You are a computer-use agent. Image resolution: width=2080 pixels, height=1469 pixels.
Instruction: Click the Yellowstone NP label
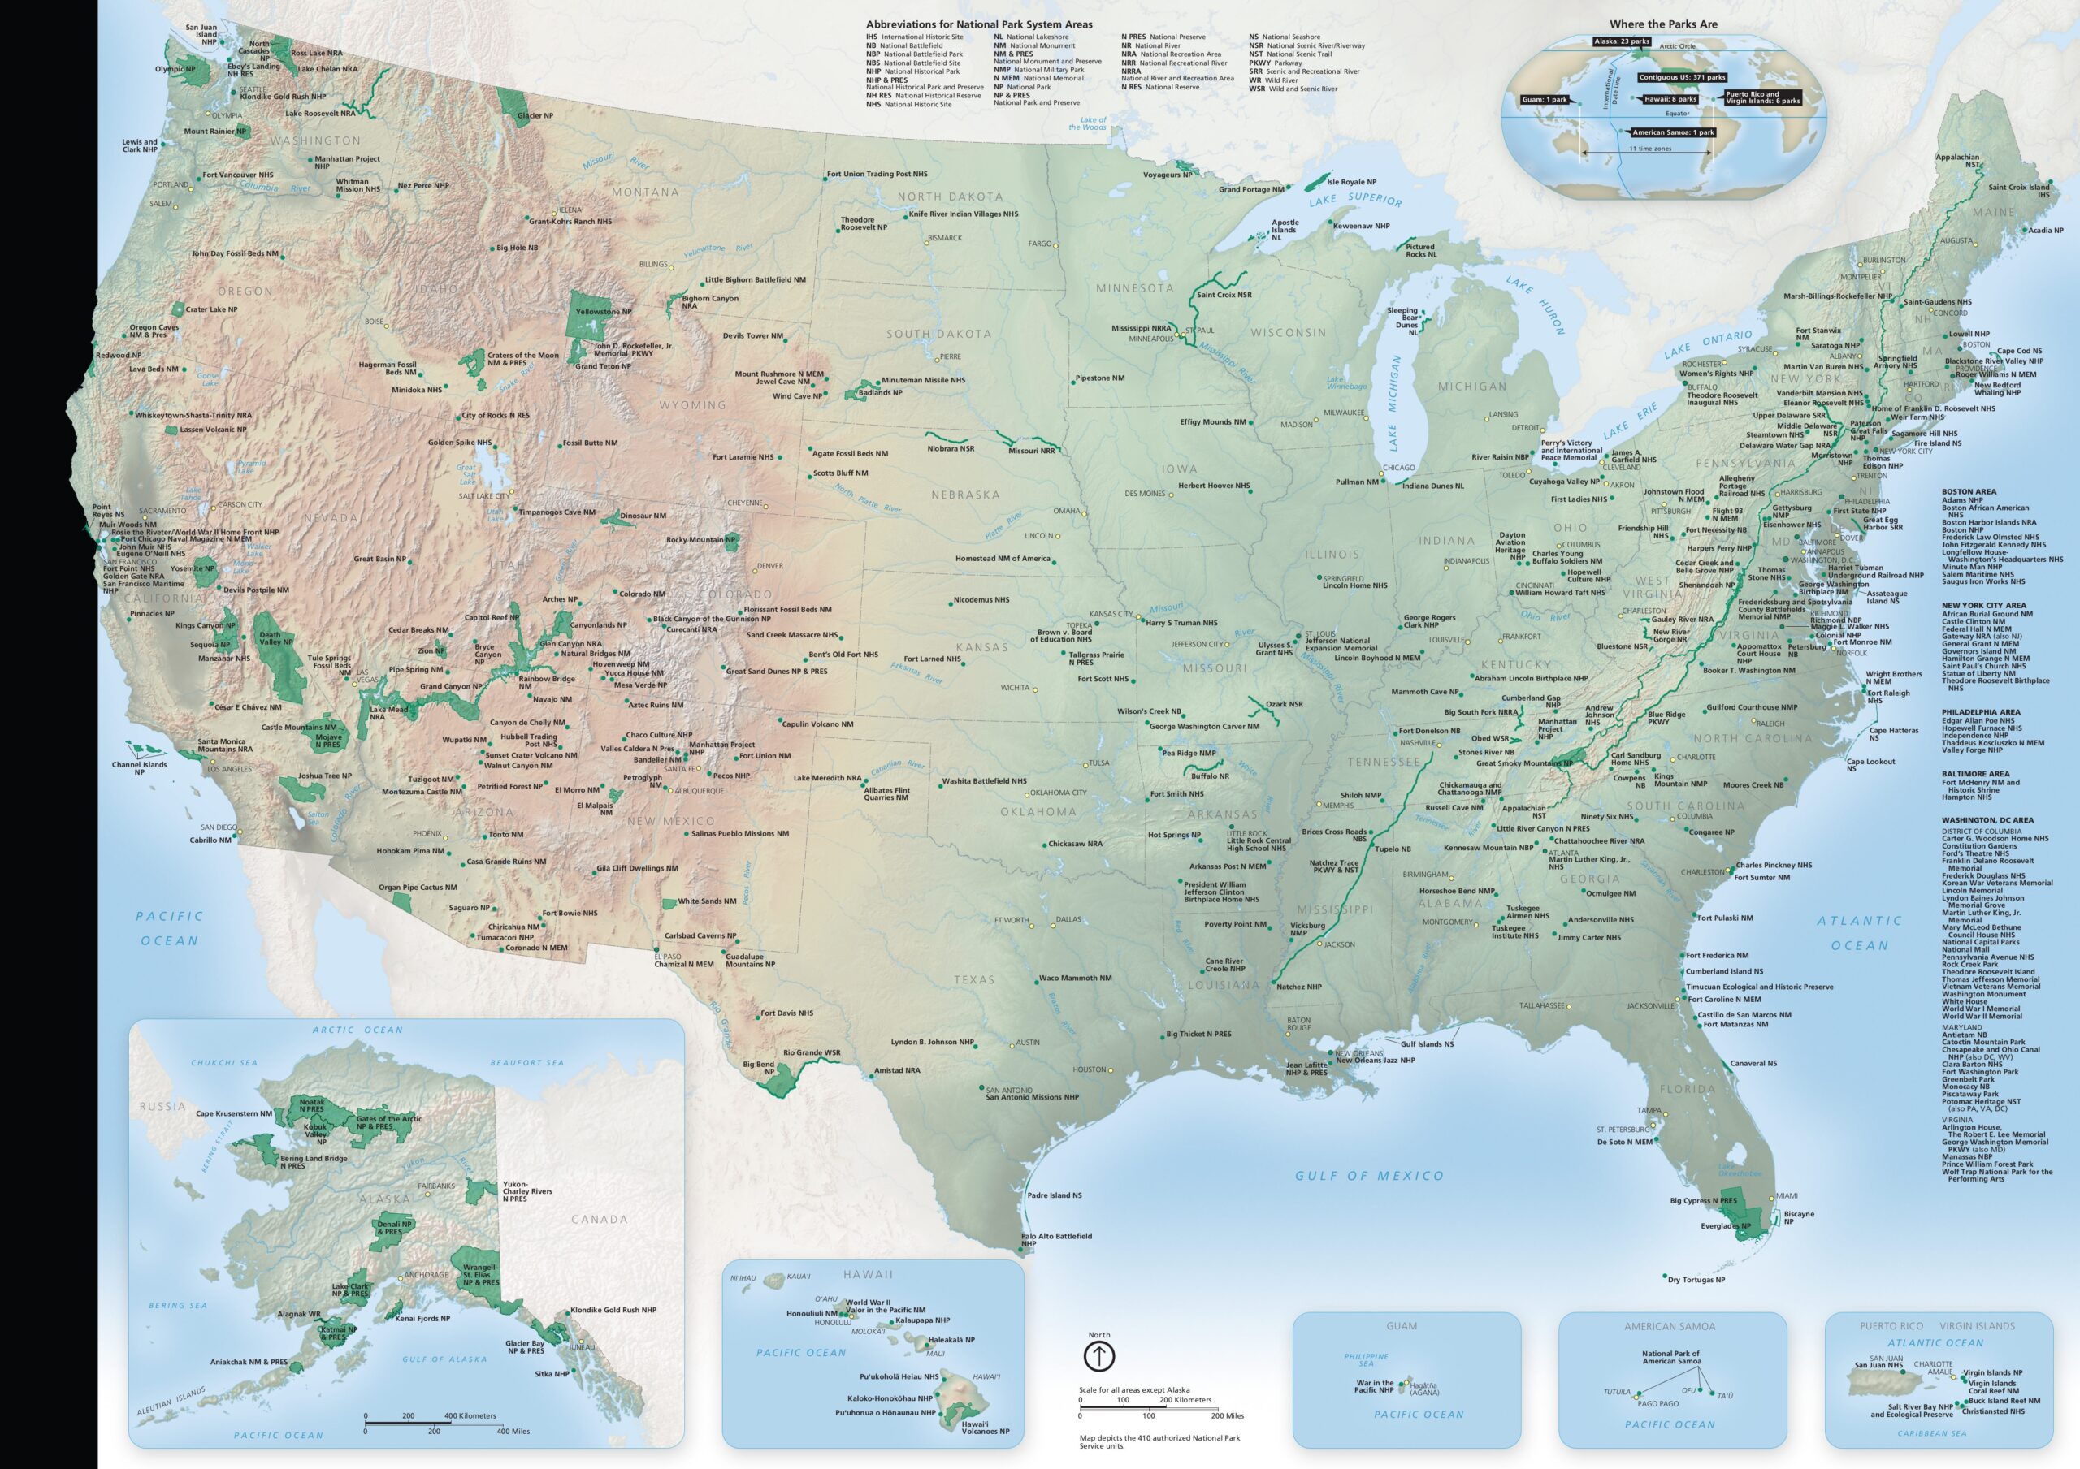coord(604,312)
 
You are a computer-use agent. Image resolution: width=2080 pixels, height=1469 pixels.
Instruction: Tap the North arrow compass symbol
coord(1098,1356)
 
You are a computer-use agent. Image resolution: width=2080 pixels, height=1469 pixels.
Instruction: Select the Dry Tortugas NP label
coord(1696,1280)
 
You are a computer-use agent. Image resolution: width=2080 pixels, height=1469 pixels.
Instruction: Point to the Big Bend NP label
coord(758,1068)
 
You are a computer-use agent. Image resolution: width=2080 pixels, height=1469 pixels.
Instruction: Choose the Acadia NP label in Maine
coord(2045,230)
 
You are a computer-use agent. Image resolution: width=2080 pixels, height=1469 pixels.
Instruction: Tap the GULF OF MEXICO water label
coord(1369,1176)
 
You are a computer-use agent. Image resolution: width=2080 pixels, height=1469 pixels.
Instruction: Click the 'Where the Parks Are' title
coord(1662,24)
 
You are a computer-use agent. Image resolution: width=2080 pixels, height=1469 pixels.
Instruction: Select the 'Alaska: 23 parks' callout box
coord(1622,41)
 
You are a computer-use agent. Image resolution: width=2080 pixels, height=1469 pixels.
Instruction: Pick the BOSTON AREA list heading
coord(1969,492)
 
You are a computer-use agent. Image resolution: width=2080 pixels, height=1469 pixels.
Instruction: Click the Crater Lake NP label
coord(211,309)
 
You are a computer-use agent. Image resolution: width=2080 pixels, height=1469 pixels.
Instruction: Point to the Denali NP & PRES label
coord(394,1227)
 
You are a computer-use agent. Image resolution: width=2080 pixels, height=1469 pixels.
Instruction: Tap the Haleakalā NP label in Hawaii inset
coord(951,1340)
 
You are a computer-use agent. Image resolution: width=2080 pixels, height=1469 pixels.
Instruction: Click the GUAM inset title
coord(1401,1326)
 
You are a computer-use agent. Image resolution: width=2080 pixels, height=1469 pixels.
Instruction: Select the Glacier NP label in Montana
coord(535,116)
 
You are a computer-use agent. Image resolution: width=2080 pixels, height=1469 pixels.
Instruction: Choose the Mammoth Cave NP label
coord(1425,692)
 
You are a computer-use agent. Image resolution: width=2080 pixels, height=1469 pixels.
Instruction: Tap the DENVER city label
coord(770,566)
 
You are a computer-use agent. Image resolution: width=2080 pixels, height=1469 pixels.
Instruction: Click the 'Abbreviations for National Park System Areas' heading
coord(978,24)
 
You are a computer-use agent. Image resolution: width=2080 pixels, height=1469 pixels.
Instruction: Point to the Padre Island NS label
coord(1054,1195)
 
